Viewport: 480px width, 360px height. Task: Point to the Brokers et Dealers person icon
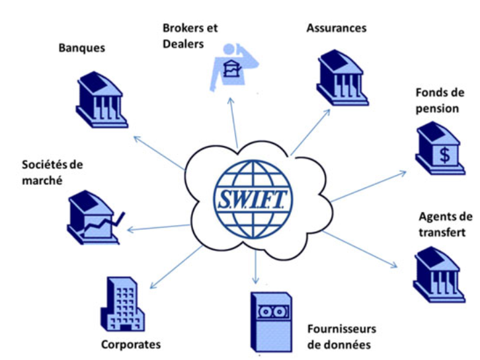click(231, 66)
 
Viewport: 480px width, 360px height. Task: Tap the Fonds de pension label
click(437, 100)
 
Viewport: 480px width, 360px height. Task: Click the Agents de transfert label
click(446, 224)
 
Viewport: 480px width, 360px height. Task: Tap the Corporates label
click(131, 344)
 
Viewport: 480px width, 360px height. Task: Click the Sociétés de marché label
click(52, 172)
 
